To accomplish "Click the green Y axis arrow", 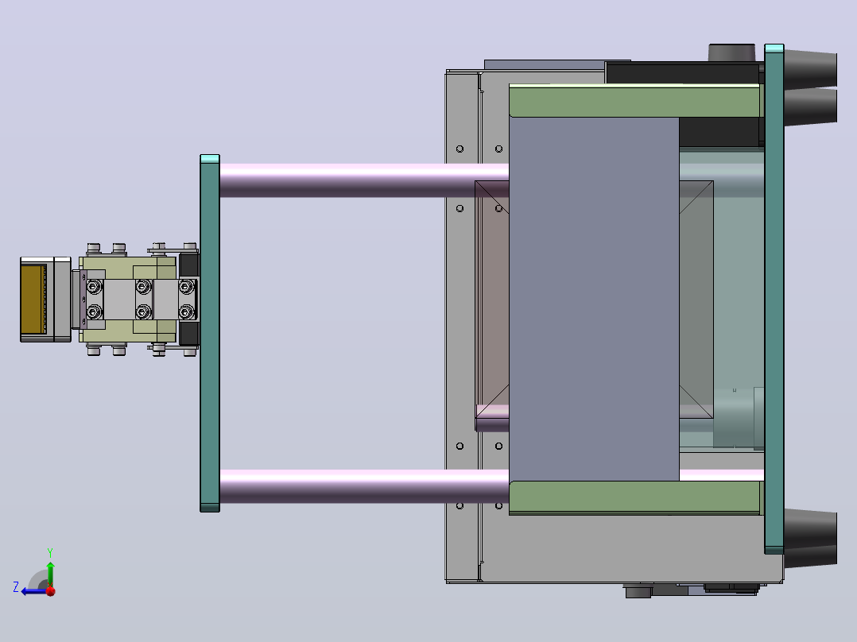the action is pos(50,574).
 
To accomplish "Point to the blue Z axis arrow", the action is pos(34,591).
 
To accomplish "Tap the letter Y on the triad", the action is pos(50,552).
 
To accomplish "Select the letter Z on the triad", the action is pos(16,587).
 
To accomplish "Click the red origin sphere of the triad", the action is pos(51,591).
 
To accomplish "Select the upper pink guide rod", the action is pos(364,180).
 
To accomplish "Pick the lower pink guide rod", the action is pos(364,485).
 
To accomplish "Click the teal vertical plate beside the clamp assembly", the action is pos(210,333).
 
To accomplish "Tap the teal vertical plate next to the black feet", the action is pos(774,299).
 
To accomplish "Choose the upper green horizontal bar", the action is pos(635,101).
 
